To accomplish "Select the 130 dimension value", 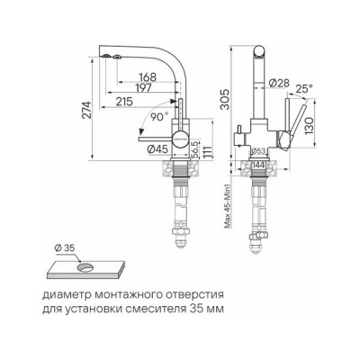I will [307, 123].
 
